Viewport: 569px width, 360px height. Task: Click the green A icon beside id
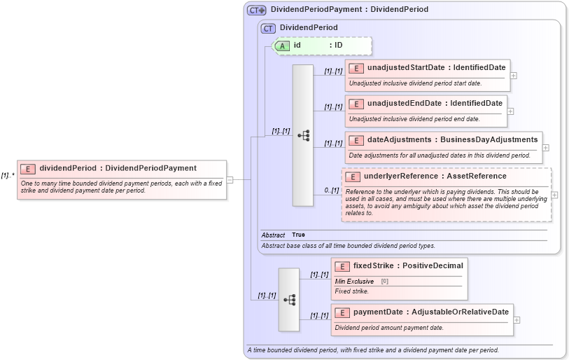282,46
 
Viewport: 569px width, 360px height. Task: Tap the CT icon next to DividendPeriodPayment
257,11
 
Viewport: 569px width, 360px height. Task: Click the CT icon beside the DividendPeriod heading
267,28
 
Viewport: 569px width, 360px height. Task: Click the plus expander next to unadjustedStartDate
514,75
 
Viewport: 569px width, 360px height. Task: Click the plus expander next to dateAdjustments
546,147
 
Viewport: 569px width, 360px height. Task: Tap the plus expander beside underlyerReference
554,195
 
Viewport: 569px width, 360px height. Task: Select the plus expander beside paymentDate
517,319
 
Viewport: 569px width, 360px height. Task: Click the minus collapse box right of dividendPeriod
230,179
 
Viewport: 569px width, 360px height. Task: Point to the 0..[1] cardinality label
332,191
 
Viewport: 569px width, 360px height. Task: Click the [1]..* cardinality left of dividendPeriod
8,176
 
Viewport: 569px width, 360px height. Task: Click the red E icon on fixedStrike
342,266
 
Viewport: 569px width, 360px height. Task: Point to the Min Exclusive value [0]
384,281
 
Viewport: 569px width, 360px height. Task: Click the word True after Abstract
298,235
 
